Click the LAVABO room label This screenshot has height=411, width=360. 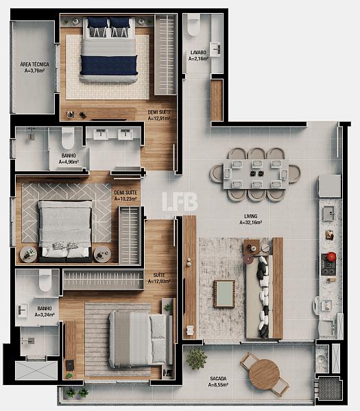198,53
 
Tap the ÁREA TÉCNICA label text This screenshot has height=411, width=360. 35,64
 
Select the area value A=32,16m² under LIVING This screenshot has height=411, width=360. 251,223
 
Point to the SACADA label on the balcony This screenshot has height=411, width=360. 218,379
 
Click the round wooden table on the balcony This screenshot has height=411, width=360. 264,372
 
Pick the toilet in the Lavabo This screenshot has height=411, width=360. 194,25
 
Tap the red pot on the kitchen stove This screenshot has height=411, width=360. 331,256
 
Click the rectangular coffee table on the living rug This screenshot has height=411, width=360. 224,294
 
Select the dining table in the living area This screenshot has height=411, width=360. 256,174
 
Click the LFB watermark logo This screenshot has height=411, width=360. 180,201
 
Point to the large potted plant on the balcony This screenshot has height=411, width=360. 197,358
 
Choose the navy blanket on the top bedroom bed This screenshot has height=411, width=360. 109,65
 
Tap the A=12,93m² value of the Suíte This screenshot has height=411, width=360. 159,282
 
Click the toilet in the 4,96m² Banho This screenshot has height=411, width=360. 68,138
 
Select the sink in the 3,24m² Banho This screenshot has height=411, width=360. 23,310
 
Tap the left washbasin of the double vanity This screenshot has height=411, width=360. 101,134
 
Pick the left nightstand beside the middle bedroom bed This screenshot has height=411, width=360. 29,254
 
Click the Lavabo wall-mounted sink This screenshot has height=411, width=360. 217,49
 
